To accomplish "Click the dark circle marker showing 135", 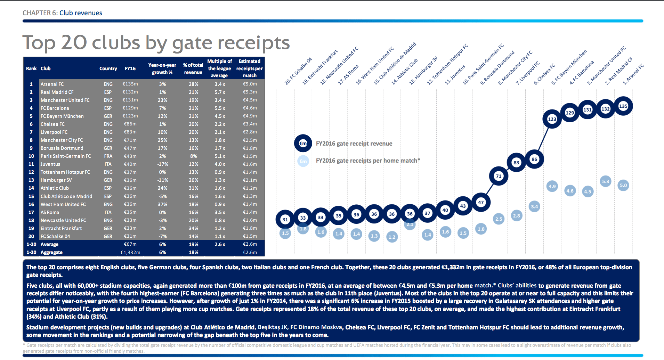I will [x=623, y=106].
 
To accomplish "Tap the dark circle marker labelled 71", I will [x=499, y=176].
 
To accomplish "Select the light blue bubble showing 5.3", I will [x=606, y=181].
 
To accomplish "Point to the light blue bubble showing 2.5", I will [x=499, y=219].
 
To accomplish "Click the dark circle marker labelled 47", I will [x=481, y=202].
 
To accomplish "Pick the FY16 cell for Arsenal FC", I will [x=130, y=84].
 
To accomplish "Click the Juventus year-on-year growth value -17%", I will [x=162, y=164].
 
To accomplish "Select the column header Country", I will [x=108, y=68].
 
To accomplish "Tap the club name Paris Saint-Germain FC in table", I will [x=66, y=156].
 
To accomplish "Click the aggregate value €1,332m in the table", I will [x=130, y=252].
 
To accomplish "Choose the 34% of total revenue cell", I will [x=193, y=228].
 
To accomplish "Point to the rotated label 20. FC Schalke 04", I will [x=298, y=71].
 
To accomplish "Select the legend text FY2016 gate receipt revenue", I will [x=354, y=144].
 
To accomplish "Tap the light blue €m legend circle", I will [x=303, y=161].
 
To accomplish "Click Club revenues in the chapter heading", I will [x=81, y=13].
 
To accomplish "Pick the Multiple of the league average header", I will [x=219, y=68].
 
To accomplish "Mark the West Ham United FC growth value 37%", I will [x=162, y=204].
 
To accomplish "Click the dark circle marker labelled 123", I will [x=552, y=119].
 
